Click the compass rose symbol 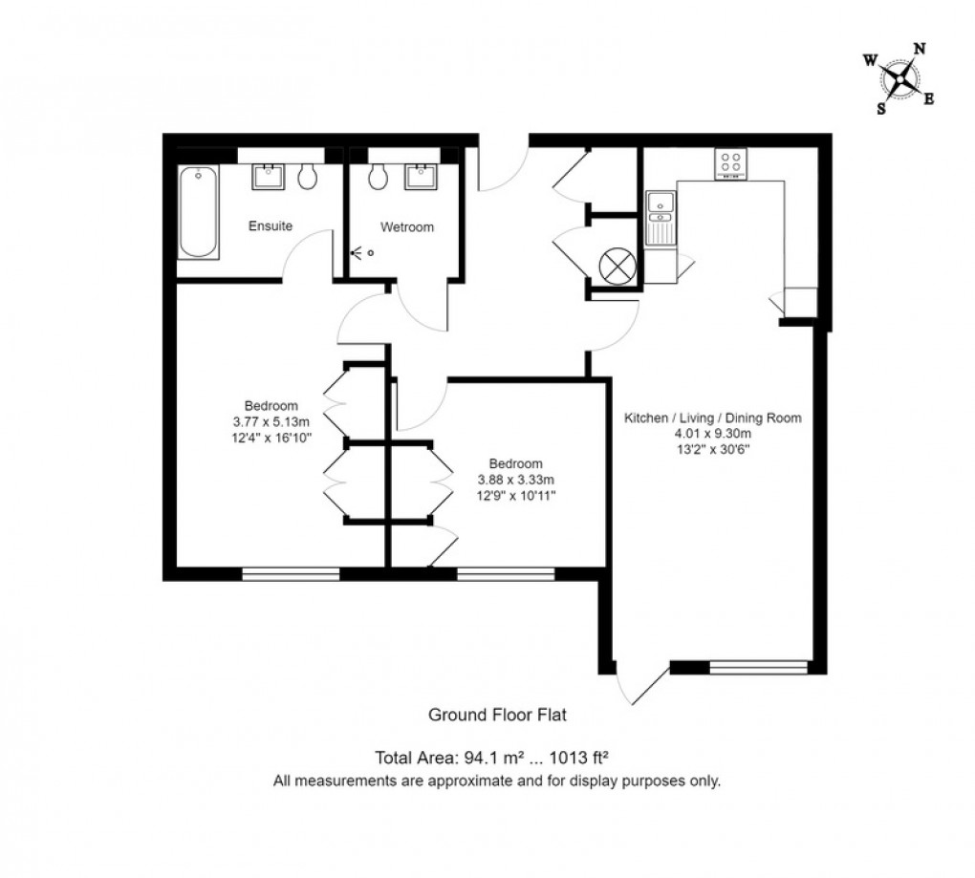click(899, 78)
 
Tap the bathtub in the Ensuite click(198, 212)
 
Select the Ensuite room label click(271, 226)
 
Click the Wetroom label click(406, 227)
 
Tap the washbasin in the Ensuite click(268, 176)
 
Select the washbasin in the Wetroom click(421, 176)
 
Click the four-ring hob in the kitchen click(731, 163)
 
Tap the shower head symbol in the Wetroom click(359, 253)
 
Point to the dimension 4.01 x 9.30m click(712, 434)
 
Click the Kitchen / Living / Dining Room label click(712, 418)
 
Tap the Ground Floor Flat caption click(497, 714)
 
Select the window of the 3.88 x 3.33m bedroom click(505, 573)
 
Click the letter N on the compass click(920, 49)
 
